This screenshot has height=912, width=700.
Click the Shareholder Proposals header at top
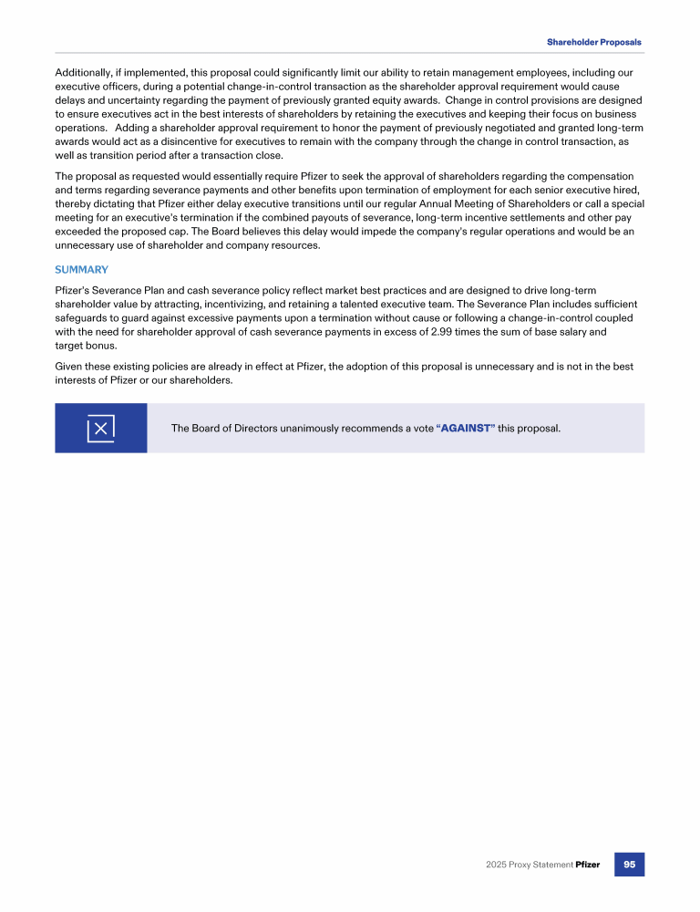point(593,42)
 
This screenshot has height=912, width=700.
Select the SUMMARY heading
point(82,270)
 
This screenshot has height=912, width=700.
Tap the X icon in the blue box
point(101,429)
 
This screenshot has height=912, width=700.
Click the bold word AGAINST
point(467,429)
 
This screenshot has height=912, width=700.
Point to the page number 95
point(629,864)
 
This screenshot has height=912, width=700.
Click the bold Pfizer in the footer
point(588,865)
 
